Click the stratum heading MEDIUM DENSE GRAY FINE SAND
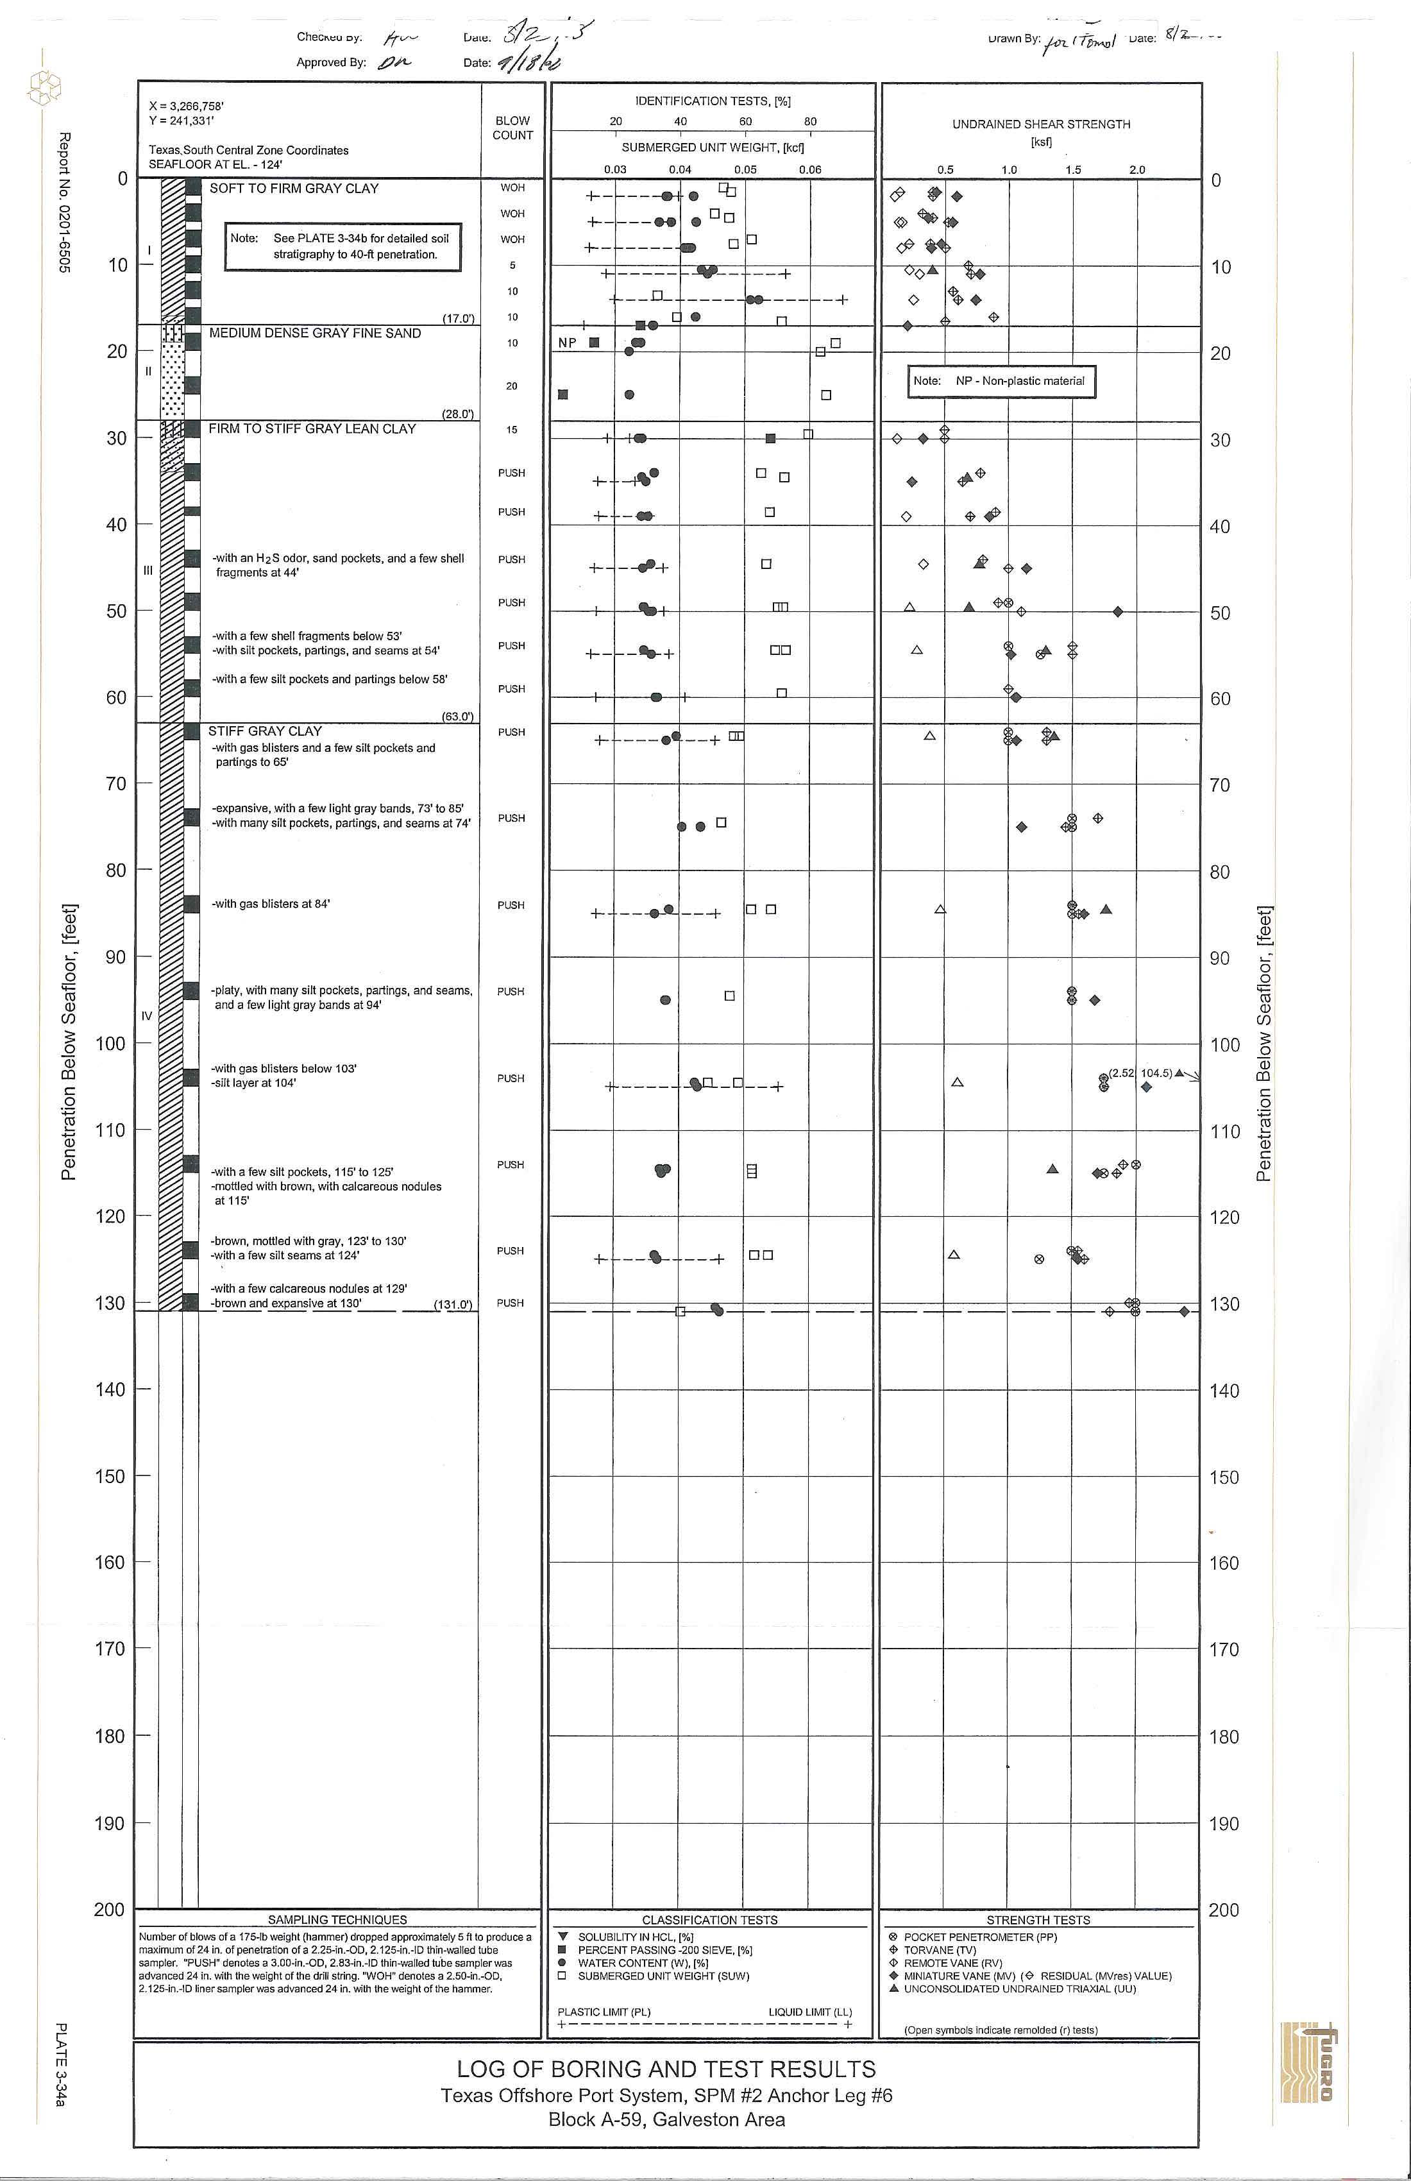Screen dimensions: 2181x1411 314,334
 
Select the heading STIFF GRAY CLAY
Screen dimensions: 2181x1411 265,731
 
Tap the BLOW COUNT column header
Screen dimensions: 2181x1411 512,128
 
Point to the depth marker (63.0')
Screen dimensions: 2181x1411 458,717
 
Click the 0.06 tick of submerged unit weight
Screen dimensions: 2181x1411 810,169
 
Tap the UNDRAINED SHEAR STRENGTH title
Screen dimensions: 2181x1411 1041,124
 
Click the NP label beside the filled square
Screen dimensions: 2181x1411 567,343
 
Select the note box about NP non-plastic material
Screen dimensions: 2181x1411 1001,381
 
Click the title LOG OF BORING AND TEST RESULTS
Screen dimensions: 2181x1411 666,2069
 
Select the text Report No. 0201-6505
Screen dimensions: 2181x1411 64,201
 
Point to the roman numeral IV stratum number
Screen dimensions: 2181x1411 147,1015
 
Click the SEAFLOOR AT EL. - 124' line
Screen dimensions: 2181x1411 215,165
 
